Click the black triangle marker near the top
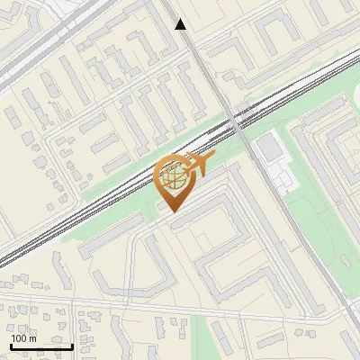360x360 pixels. click(181, 25)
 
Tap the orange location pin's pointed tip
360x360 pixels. click(173, 211)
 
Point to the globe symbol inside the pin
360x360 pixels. click(174, 176)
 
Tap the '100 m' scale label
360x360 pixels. click(24, 338)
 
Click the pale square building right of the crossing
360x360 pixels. click(269, 144)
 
